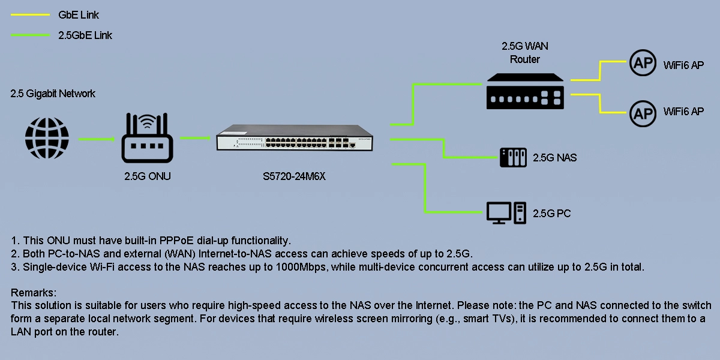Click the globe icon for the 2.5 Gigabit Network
(x=47, y=138)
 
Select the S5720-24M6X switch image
(x=295, y=137)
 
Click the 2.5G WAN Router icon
(x=525, y=91)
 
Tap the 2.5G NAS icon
(x=514, y=157)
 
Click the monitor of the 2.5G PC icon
(x=499, y=213)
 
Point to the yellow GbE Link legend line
(x=30, y=15)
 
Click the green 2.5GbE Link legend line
(x=30, y=35)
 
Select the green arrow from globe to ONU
(x=97, y=139)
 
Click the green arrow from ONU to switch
(x=196, y=138)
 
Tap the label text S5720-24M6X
(x=294, y=176)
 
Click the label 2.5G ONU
(x=148, y=176)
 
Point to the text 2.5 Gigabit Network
(x=53, y=94)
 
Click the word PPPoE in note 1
(x=176, y=241)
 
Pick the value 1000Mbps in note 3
(x=301, y=267)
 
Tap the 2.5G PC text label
(x=552, y=214)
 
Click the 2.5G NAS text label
(x=555, y=157)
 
